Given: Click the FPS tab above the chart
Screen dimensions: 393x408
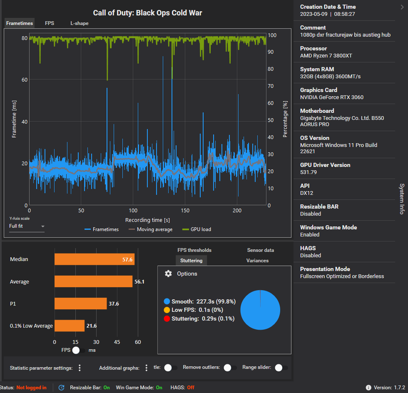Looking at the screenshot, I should [x=50, y=23].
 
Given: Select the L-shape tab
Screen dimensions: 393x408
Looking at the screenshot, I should [x=79, y=23].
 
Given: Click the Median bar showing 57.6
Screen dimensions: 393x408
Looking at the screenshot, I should [x=95, y=259].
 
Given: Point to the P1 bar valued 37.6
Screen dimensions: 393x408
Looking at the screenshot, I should [x=81, y=303].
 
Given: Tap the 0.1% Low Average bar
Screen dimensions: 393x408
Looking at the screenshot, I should [x=70, y=326].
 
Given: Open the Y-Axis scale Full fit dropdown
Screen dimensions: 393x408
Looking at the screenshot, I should [x=27, y=226].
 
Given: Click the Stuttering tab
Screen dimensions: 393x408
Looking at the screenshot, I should [x=191, y=261].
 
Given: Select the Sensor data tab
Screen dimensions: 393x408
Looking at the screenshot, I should [x=260, y=250].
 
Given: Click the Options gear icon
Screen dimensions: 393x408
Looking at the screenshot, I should [x=168, y=274].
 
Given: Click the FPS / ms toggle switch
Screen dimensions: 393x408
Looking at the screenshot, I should [x=78, y=350].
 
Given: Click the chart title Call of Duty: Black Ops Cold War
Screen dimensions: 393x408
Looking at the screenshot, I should [x=147, y=13].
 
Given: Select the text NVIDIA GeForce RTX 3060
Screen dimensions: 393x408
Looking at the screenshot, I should [x=331, y=97].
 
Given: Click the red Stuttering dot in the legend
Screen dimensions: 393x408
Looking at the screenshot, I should [x=167, y=318].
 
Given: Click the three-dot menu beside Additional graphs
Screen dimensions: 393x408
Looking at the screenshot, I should [x=146, y=368].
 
